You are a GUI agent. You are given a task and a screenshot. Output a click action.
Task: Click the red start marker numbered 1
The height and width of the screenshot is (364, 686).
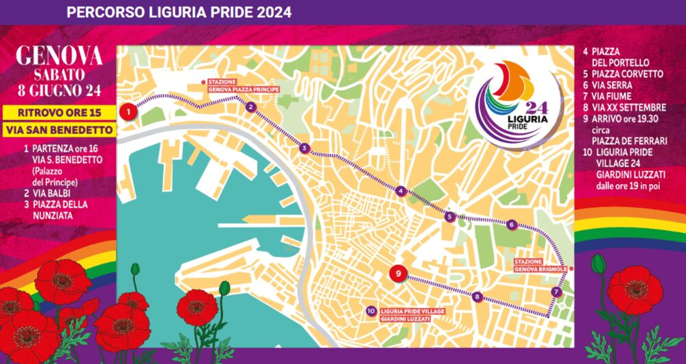click(127, 112)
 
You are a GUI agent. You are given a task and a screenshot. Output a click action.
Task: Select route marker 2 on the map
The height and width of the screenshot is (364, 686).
click(252, 106)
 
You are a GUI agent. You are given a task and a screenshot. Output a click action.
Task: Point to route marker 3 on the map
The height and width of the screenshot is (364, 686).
click(304, 148)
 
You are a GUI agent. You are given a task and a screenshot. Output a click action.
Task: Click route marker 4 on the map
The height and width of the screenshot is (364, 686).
click(401, 192)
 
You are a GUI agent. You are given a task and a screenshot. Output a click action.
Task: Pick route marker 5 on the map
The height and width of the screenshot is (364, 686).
click(449, 217)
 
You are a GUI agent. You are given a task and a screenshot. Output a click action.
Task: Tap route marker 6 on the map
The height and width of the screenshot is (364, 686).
click(512, 224)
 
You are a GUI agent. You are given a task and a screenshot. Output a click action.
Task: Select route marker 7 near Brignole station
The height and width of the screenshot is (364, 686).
click(556, 293)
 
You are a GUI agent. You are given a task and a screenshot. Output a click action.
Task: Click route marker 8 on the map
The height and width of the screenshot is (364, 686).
click(477, 297)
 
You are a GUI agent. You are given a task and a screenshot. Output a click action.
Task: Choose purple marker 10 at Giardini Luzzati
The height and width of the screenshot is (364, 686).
click(370, 310)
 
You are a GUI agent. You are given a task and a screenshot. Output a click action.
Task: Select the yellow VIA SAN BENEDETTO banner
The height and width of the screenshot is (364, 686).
click(59, 129)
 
